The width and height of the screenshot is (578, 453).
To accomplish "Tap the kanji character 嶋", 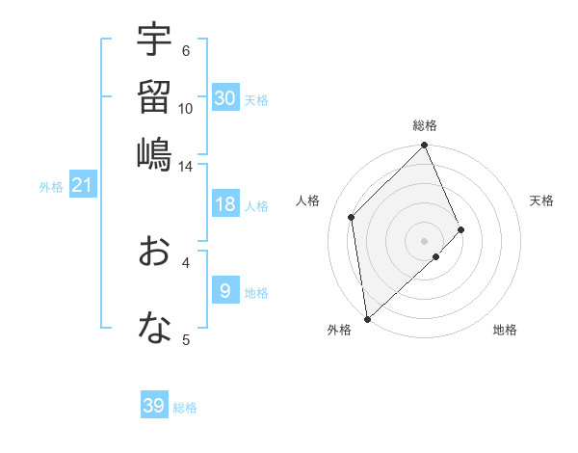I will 154,153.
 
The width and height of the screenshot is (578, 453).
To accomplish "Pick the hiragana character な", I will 154,329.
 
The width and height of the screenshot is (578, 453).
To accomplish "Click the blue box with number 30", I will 225,98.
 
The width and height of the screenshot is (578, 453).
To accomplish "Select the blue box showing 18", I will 225,204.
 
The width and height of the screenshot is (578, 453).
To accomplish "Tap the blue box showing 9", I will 225,291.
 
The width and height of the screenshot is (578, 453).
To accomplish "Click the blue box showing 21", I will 82,185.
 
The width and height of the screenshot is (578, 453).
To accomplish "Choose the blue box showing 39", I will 154,406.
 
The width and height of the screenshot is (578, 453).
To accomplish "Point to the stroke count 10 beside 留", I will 186,108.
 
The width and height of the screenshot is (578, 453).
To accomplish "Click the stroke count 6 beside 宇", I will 186,51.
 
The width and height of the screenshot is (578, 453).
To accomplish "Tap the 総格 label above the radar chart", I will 425,125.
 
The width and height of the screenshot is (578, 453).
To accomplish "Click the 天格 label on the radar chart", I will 541,200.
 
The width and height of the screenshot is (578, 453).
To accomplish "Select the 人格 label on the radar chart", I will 308,200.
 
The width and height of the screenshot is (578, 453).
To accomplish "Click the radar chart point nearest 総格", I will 425,147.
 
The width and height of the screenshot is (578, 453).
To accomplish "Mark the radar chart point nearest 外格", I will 366,318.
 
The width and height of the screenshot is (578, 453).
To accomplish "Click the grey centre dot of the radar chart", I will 424,240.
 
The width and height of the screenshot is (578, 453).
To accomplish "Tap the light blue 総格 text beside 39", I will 186,408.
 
